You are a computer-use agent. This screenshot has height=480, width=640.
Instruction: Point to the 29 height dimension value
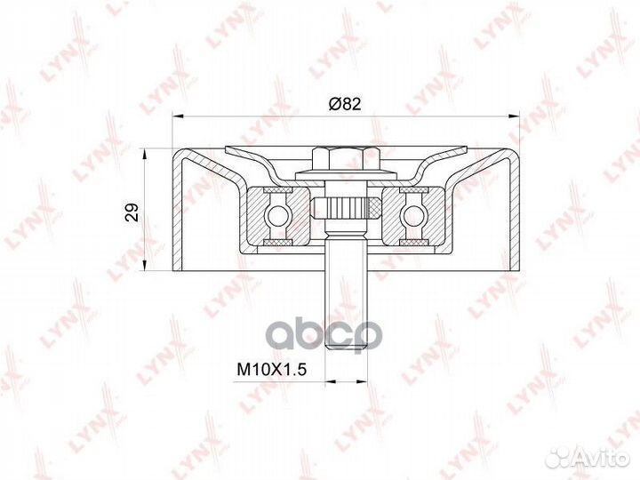pyautogui.click(x=132, y=212)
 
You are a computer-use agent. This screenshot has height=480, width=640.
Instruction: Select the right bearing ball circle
pyautogui.click(x=413, y=214)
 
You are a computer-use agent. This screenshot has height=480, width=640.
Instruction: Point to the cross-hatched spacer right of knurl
pyautogui.click(x=374, y=207)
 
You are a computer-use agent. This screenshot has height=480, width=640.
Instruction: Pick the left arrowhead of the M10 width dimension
pyautogui.click(x=325, y=380)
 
